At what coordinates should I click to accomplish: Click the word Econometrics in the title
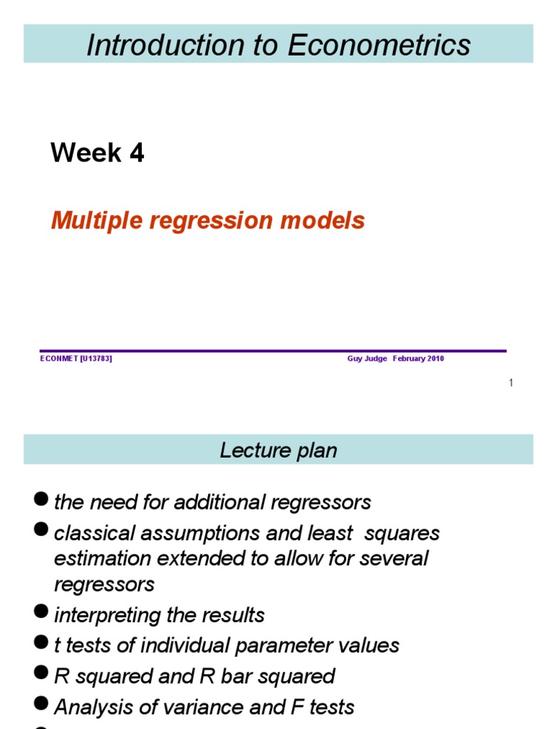379,45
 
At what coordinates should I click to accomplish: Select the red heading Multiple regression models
208,221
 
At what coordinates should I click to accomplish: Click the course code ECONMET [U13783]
76,359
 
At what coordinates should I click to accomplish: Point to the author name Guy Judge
367,359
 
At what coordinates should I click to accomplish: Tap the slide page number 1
511,383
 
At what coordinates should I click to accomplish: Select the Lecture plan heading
278,451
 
